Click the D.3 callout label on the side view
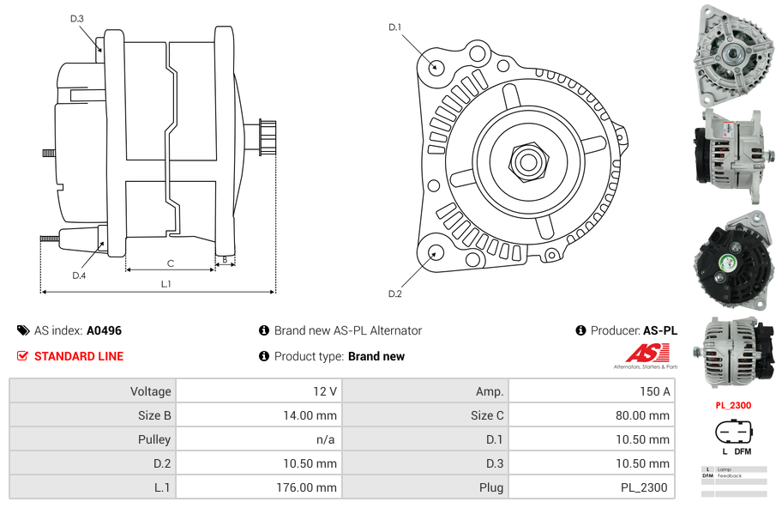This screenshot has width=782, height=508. click(77, 18)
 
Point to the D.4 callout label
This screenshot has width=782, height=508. click(79, 275)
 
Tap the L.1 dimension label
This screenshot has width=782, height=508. click(165, 284)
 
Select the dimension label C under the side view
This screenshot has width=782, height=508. click(171, 263)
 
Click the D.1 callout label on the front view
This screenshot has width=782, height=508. click(394, 27)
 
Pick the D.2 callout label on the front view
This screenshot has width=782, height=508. click(394, 294)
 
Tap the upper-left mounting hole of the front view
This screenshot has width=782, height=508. click(436, 67)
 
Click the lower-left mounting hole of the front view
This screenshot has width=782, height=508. click(436, 252)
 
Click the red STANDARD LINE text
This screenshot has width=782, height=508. click(78, 356)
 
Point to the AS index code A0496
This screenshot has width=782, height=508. click(104, 330)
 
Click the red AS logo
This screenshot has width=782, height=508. click(644, 353)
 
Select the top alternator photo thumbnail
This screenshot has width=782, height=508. click(733, 52)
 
